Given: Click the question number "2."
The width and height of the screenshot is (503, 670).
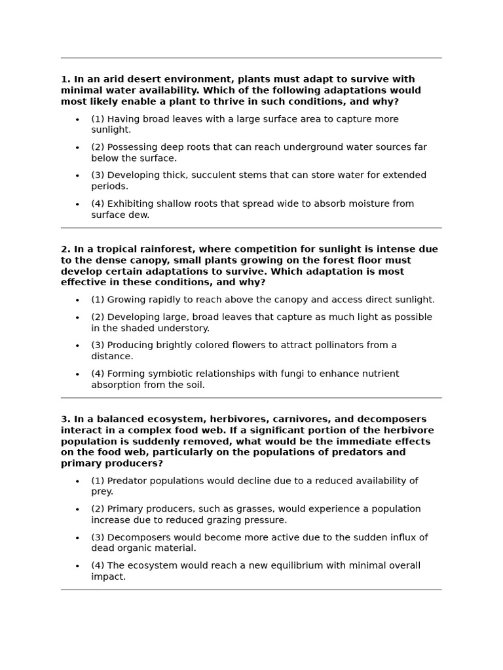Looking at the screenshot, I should point(65,249).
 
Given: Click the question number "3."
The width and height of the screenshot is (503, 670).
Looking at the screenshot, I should point(65,419).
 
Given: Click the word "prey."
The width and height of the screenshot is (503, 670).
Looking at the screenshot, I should point(102,491).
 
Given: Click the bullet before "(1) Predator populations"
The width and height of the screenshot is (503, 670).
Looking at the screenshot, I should point(77,482).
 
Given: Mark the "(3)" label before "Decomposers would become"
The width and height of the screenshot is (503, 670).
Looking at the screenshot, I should point(98,538).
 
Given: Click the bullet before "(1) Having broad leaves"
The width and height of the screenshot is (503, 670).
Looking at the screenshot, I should point(77,120).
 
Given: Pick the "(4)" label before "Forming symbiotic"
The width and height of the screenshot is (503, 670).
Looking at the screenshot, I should point(98,374).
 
